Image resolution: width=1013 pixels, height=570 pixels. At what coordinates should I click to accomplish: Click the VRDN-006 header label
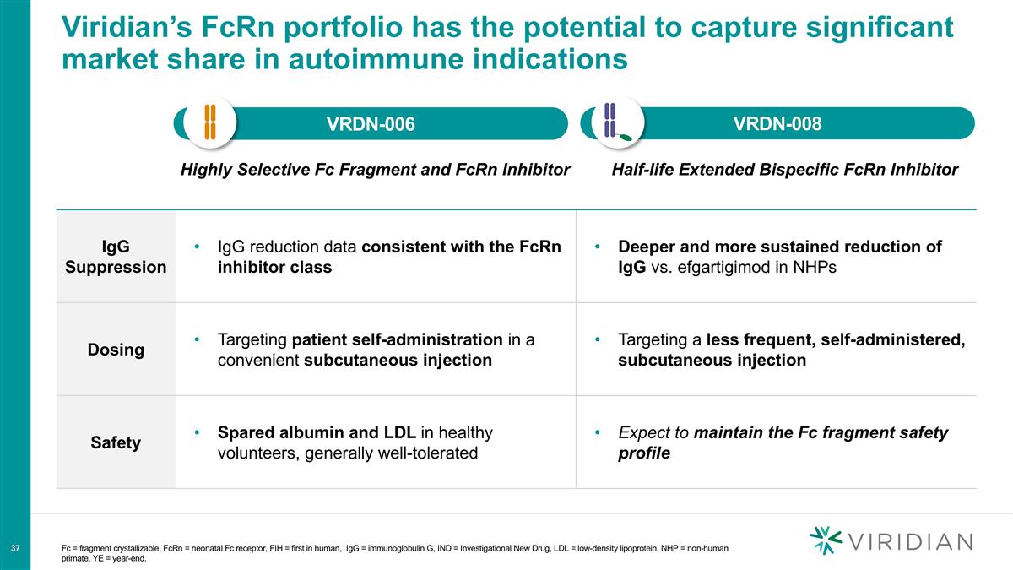[371, 125]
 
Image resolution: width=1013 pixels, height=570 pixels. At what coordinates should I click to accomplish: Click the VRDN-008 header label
[777, 124]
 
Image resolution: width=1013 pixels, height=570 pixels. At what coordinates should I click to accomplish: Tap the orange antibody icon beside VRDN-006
[210, 122]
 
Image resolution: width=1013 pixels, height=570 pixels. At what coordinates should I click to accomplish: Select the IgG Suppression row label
[116, 257]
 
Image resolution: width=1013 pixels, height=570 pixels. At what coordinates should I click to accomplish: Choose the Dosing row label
[116, 350]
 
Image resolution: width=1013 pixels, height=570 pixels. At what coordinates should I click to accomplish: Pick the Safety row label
[116, 442]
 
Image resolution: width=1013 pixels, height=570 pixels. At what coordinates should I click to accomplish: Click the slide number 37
[15, 549]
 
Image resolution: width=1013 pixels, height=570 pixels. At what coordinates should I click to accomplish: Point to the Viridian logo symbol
[825, 540]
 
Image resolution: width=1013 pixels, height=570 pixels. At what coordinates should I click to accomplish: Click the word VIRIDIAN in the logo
[909, 541]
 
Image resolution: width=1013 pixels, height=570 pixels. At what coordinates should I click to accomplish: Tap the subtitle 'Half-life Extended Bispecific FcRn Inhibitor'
[784, 170]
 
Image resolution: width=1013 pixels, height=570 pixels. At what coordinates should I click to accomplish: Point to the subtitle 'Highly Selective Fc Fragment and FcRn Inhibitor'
[375, 170]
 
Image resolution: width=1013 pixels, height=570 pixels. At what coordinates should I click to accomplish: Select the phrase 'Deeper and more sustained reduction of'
[780, 247]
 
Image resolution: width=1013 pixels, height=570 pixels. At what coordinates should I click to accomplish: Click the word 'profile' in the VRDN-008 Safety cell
[644, 453]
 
